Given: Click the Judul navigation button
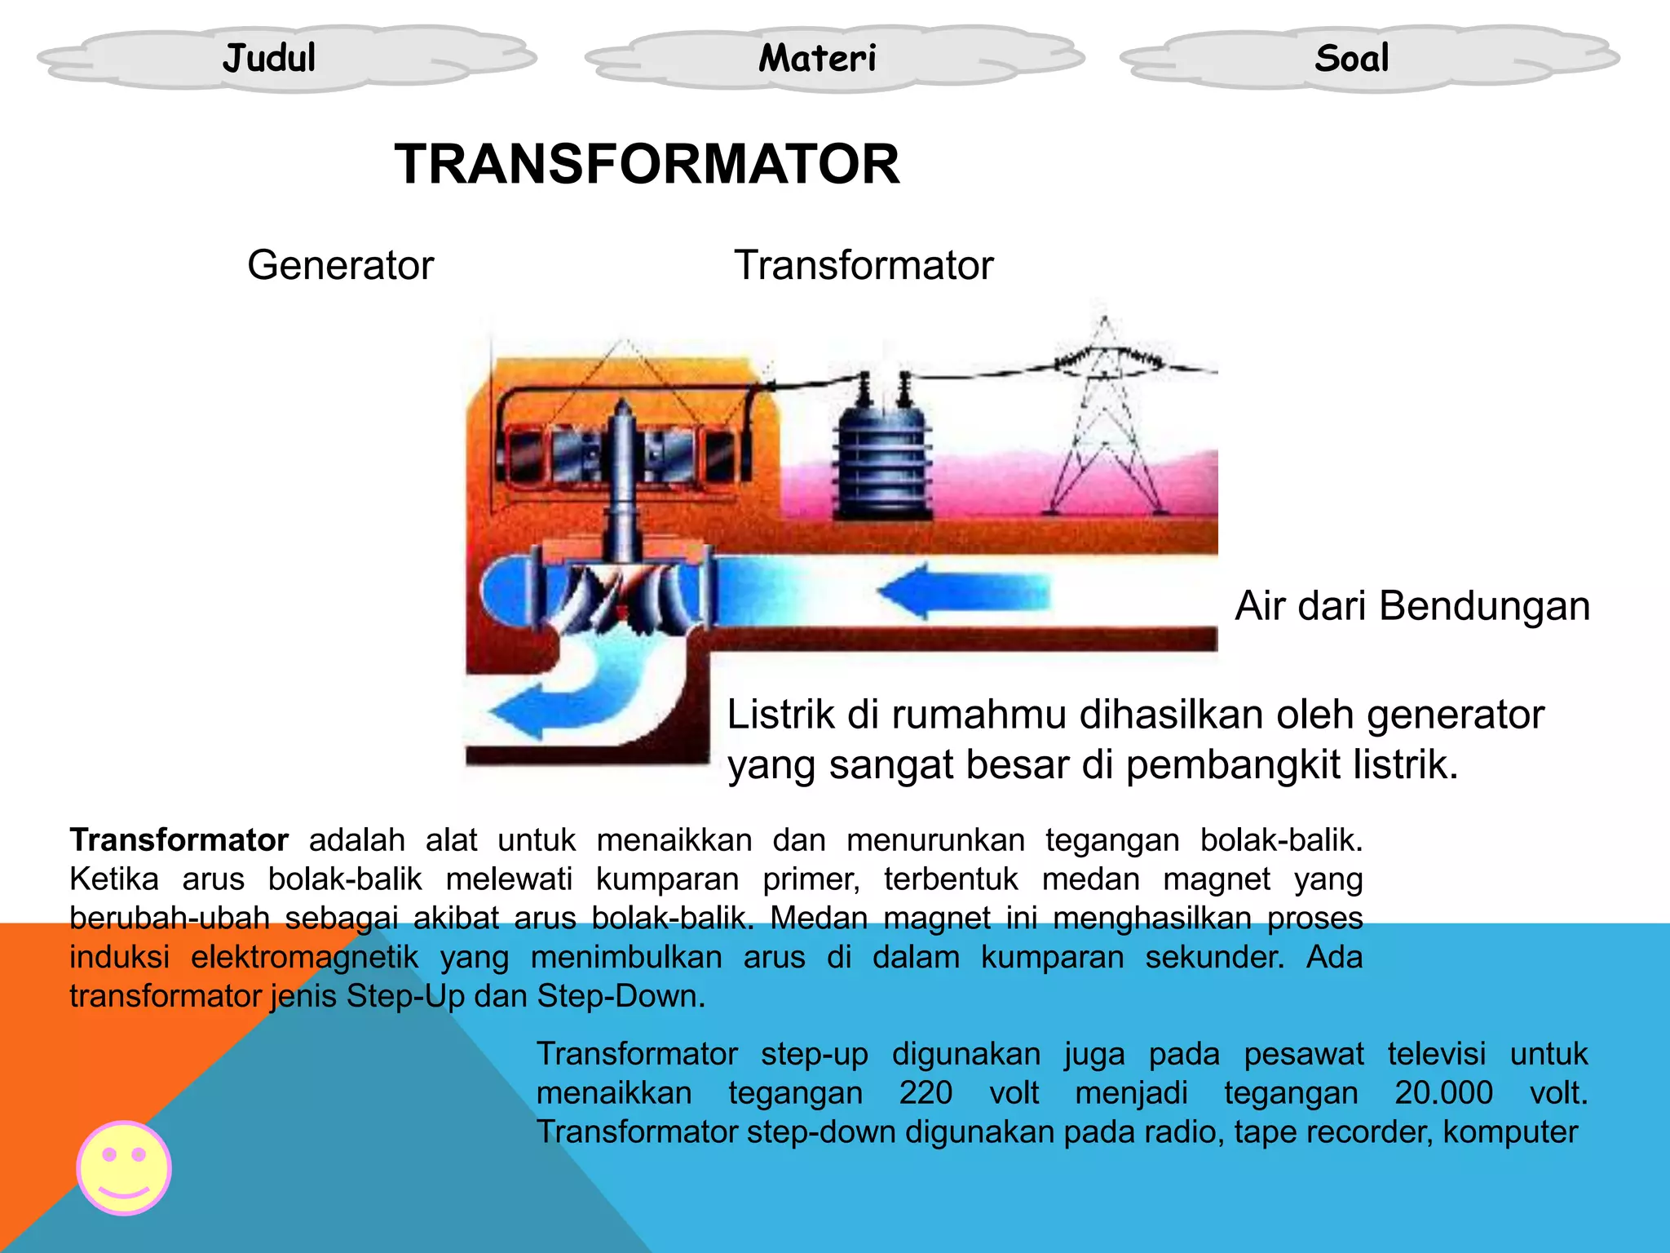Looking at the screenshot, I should (269, 58).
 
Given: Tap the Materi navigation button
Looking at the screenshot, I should (817, 58).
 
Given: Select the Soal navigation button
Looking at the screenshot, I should (1351, 58).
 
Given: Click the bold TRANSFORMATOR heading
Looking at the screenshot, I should (647, 164).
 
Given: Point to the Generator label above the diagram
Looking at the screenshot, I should (340, 265).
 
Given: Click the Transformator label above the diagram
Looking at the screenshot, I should (864, 265).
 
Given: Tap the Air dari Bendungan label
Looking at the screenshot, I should (1412, 606).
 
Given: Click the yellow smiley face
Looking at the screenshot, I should (124, 1167).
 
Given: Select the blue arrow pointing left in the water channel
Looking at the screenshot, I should (962, 591).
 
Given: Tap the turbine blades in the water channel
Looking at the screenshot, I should (624, 596).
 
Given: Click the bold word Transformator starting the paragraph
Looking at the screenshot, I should (179, 840).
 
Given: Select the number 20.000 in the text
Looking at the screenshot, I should (1443, 1093).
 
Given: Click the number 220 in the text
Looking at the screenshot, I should (926, 1093).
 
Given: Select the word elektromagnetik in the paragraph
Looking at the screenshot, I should (305, 957).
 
